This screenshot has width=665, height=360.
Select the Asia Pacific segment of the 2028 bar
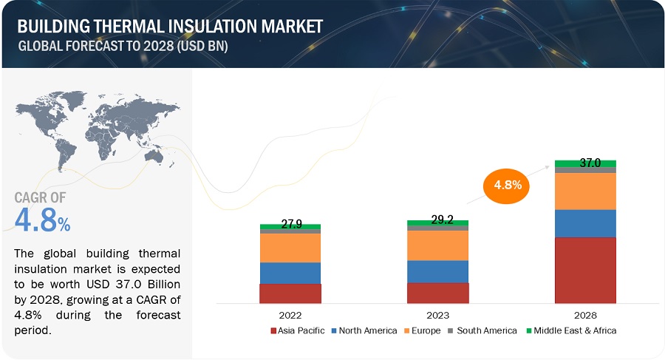(585, 270)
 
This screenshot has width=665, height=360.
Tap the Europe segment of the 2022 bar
(290, 248)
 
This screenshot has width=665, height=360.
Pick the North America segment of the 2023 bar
(437, 271)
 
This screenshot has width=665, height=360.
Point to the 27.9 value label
(290, 223)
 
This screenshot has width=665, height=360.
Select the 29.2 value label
(437, 220)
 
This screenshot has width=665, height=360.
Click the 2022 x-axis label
(290, 313)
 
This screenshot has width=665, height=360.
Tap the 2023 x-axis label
(437, 313)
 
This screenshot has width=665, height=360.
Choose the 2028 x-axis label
(585, 313)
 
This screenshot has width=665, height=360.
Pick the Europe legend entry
(424, 330)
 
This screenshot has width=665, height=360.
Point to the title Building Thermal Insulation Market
(170, 26)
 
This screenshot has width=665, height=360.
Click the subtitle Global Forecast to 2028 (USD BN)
(122, 46)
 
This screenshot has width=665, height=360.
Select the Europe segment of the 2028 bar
(585, 191)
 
